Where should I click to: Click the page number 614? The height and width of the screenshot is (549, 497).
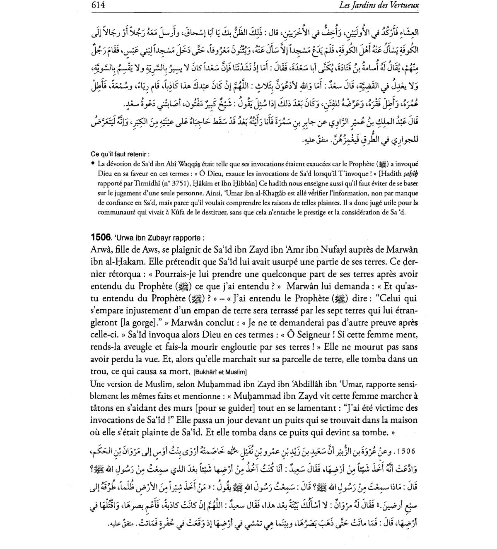tap(98, 5)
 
